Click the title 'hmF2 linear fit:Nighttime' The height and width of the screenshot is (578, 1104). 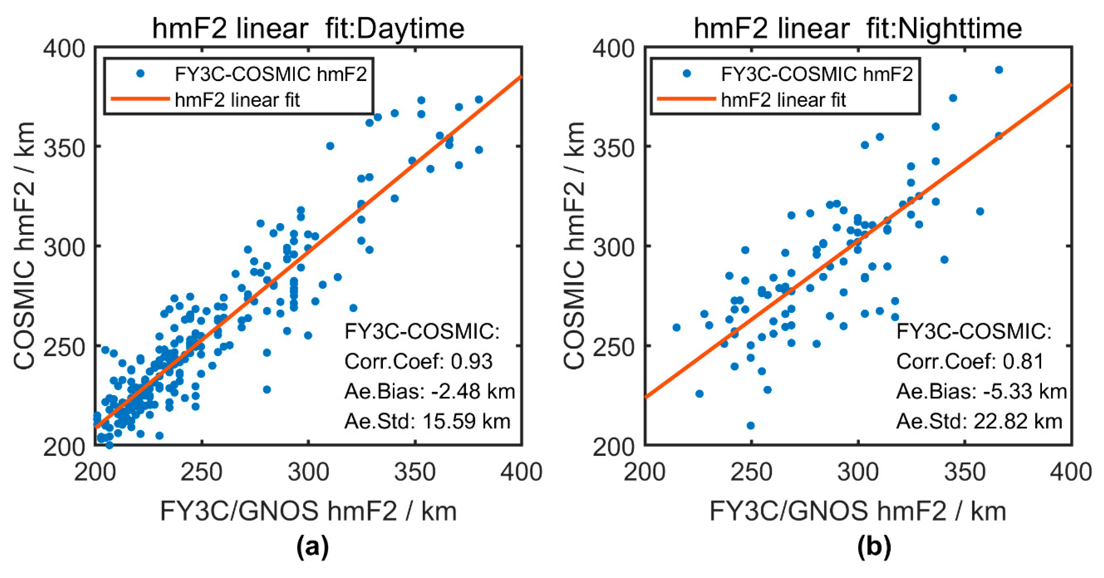(857, 28)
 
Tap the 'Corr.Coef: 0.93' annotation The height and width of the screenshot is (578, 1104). (418, 361)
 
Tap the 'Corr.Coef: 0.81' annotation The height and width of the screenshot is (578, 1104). (969, 361)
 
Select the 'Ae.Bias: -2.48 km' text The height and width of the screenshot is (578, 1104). (429, 391)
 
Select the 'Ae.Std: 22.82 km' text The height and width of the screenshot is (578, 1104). (979, 421)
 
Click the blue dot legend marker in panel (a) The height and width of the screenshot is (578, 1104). (140, 74)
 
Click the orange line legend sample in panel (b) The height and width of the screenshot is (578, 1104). (686, 99)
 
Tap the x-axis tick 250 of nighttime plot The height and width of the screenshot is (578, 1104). (751, 472)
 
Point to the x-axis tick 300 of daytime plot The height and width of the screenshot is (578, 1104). (308, 472)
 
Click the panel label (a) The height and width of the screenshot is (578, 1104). (312, 547)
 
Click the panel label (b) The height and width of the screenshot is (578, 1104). (874, 547)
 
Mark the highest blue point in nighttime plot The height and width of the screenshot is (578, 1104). (999, 70)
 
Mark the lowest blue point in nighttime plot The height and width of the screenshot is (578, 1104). (750, 426)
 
